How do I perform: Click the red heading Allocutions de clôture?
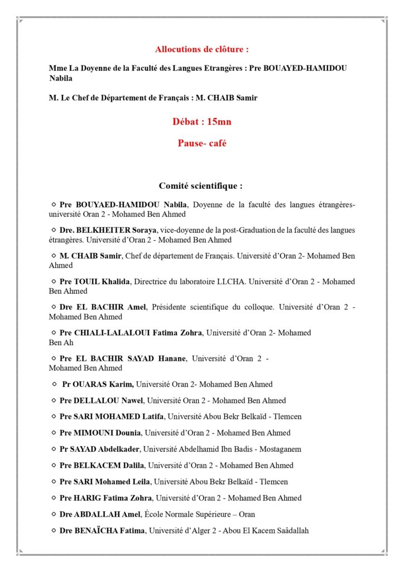click(202, 49)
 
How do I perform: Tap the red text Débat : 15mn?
click(201, 122)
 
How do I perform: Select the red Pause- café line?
click(202, 143)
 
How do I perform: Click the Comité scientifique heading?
click(201, 186)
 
